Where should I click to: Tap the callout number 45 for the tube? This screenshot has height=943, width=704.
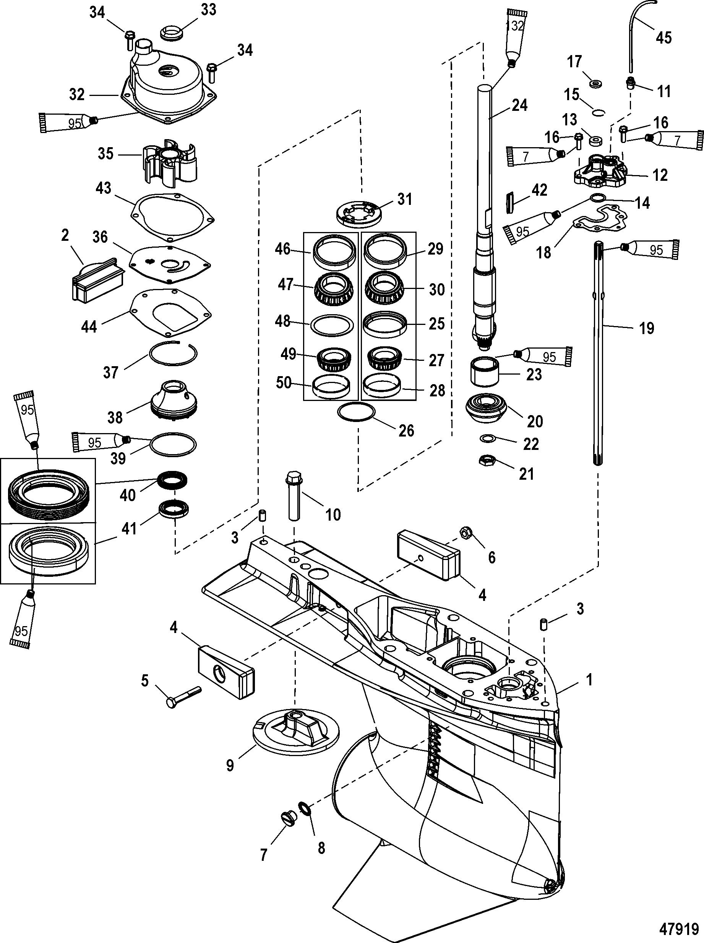point(663,37)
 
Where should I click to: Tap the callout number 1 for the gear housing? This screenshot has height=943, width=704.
point(589,680)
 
